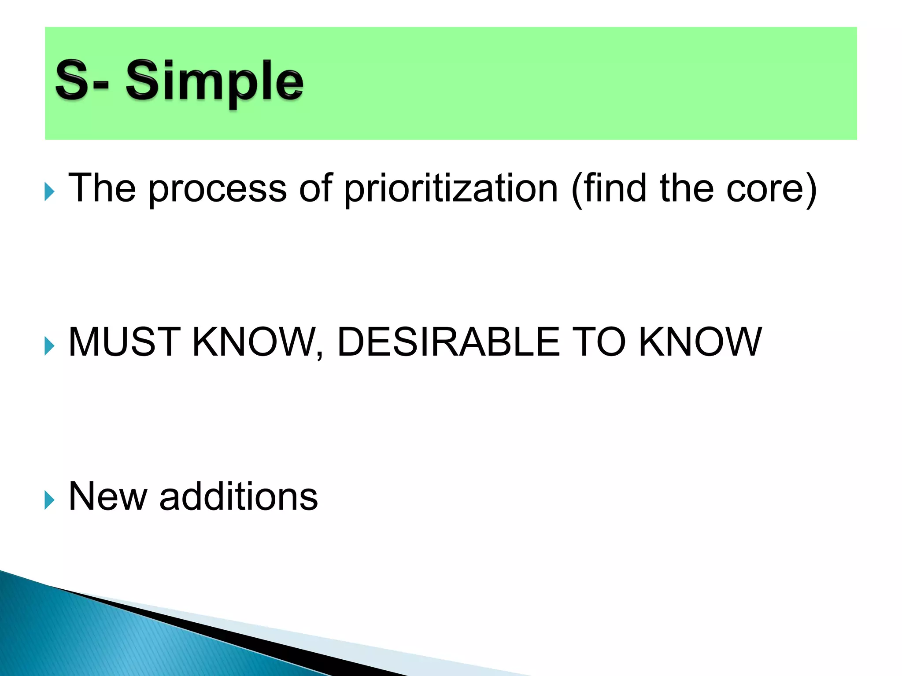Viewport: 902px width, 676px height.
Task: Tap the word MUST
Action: click(x=125, y=342)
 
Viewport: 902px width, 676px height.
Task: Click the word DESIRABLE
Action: click(x=448, y=342)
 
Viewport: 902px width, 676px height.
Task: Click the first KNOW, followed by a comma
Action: click(x=258, y=342)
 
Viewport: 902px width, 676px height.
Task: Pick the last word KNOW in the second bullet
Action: click(x=700, y=342)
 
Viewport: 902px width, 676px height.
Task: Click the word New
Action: click(x=108, y=496)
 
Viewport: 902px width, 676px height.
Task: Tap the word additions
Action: click(x=238, y=496)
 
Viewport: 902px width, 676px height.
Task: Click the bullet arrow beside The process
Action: click(x=49, y=192)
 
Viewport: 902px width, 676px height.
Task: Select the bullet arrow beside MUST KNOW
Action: click(x=49, y=346)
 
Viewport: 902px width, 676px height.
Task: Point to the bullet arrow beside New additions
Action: click(x=49, y=501)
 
